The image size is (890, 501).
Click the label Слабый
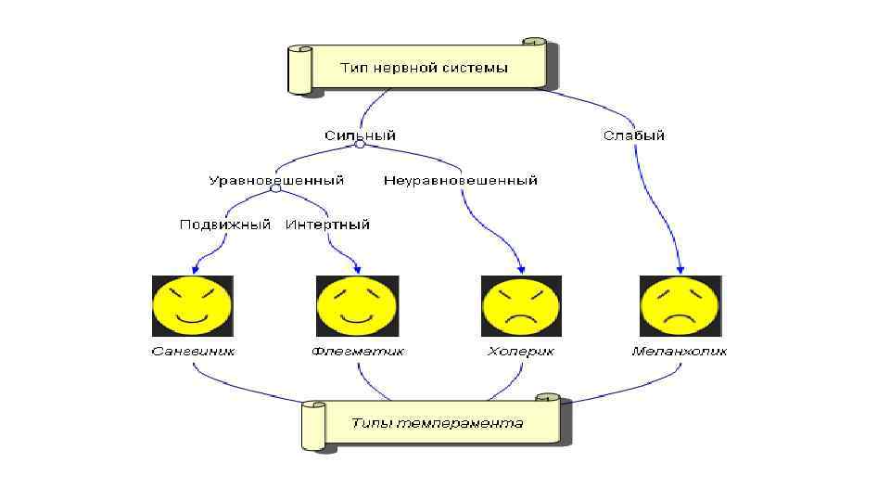[634, 135]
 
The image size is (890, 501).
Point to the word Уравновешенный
[276, 180]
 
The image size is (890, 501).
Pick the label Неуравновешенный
[461, 180]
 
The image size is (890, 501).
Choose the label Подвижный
[225, 224]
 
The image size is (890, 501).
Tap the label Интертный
[327, 224]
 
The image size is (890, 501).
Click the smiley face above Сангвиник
[192, 306]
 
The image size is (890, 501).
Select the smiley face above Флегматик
[357, 306]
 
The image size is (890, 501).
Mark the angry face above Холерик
[521, 306]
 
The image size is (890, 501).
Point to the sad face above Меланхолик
[680, 306]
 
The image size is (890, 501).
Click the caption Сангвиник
[193, 352]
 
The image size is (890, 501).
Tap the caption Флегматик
[357, 352]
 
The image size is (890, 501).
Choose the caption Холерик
[521, 352]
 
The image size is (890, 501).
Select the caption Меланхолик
[680, 352]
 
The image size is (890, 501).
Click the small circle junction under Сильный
[363, 145]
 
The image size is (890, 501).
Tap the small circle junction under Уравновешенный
[275, 189]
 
